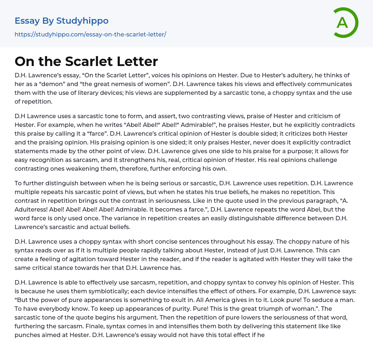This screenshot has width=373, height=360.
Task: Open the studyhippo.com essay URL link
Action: [90, 35]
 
